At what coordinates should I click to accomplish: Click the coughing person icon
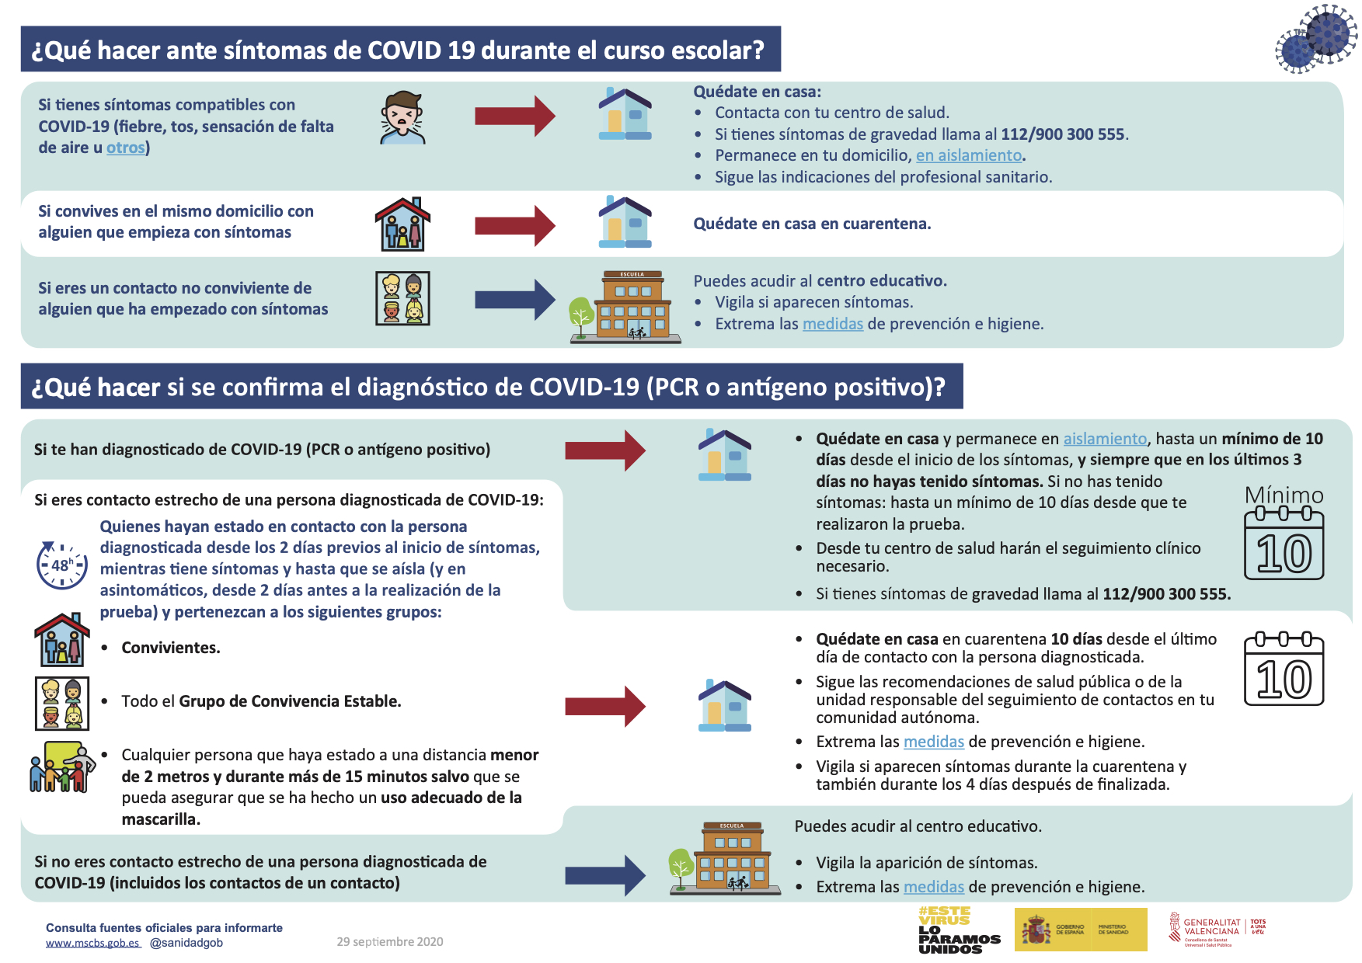pyautogui.click(x=403, y=118)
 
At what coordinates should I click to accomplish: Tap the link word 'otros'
pyautogui.click(x=126, y=148)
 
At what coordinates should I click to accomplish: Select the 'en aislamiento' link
pyautogui.click(x=969, y=155)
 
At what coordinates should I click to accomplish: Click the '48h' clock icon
pyautogui.click(x=61, y=565)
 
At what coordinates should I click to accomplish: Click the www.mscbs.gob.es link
pyautogui.click(x=92, y=943)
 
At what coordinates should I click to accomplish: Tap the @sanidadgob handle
pyautogui.click(x=186, y=943)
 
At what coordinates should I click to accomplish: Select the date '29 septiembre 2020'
pyautogui.click(x=389, y=942)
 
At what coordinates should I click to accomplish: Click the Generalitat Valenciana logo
pyautogui.click(x=1217, y=929)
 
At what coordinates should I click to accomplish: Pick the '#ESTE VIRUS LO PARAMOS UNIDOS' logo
pyautogui.click(x=959, y=930)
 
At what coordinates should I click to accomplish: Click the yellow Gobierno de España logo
pyautogui.click(x=1080, y=930)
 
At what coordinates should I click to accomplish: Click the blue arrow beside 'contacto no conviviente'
pyautogui.click(x=514, y=300)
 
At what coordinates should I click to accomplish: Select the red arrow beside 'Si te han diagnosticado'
pyautogui.click(x=604, y=450)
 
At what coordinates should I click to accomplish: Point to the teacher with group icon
pyautogui.click(x=62, y=767)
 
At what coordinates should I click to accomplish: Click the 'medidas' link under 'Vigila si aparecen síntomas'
pyautogui.click(x=832, y=324)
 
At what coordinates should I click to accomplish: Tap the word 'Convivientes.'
pyautogui.click(x=171, y=648)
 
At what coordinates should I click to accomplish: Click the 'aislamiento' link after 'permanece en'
pyautogui.click(x=1105, y=439)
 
